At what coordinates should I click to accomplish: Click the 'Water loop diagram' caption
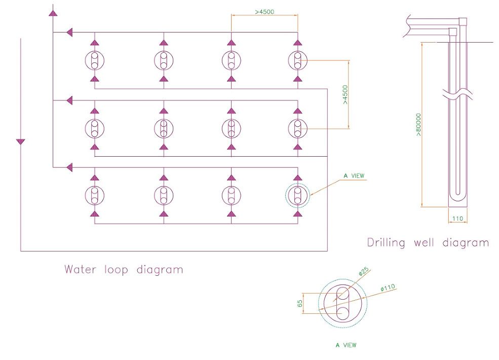point(123,269)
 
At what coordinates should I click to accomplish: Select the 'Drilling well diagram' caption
point(428,242)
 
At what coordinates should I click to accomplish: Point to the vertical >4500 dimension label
point(345,94)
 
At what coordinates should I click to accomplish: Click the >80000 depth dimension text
point(418,125)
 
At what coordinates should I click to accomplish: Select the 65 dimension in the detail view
point(300,303)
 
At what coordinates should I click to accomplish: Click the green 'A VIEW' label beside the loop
point(354,176)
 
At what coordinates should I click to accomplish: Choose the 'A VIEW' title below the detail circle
point(346,345)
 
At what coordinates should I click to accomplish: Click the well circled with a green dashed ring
point(297,195)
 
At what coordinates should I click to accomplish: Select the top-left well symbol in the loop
point(94,60)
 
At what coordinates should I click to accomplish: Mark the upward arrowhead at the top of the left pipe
point(52,12)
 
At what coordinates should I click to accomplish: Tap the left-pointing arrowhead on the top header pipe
point(69,32)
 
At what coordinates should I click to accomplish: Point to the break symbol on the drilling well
point(458,95)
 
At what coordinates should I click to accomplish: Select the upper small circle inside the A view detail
point(343,293)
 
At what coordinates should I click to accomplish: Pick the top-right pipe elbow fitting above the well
point(463,21)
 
